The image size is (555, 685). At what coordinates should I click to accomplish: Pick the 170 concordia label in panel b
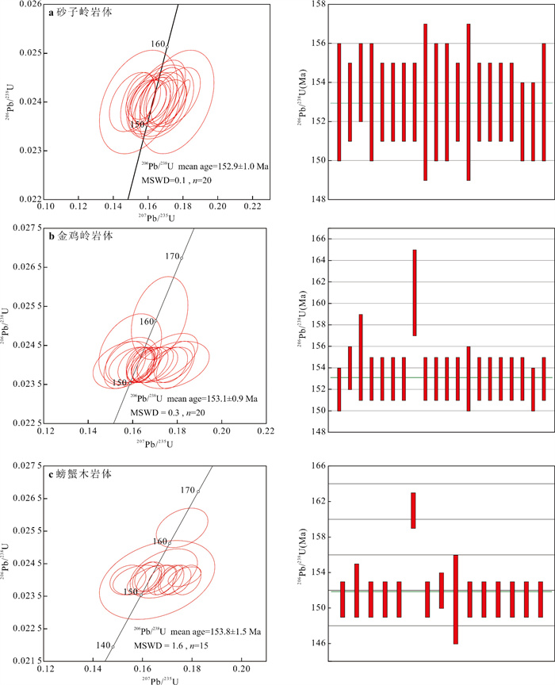click(172, 257)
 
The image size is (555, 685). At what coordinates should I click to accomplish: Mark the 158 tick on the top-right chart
click(316, 5)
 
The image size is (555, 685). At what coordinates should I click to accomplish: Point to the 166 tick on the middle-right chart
click(316, 239)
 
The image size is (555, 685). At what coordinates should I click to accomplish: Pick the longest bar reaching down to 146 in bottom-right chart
click(455, 599)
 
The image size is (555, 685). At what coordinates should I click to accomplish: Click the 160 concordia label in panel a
click(158, 44)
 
